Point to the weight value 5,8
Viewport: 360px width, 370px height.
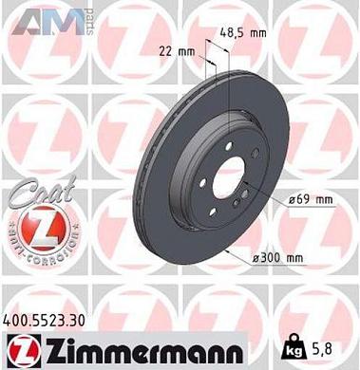(x=339, y=349)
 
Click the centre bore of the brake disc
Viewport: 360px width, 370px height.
(x=227, y=178)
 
